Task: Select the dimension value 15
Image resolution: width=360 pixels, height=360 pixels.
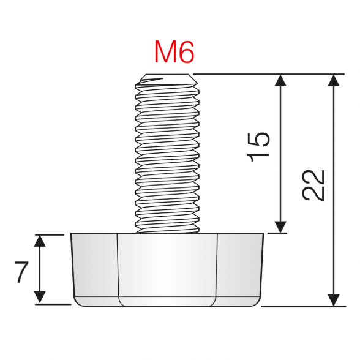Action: tap(259, 147)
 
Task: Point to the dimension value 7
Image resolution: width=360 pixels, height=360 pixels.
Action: tap(21, 271)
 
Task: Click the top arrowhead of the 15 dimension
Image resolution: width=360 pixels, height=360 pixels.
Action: tap(280, 81)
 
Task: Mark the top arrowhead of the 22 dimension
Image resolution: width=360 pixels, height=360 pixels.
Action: tap(334, 81)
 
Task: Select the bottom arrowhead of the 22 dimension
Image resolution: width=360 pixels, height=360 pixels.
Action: tap(334, 299)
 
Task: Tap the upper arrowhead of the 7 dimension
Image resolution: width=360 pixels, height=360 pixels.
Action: tap(40, 240)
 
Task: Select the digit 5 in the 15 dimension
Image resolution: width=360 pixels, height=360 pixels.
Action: tap(259, 140)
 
